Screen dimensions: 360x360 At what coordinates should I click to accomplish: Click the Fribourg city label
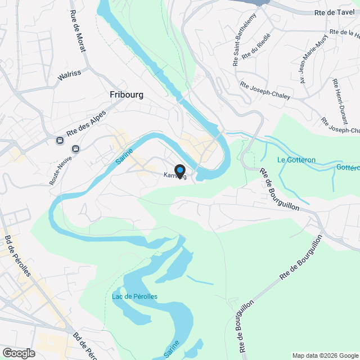(x=127, y=95)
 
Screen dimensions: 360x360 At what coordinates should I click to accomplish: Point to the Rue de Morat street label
(x=78, y=31)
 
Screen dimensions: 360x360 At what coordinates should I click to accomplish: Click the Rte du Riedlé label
(x=256, y=47)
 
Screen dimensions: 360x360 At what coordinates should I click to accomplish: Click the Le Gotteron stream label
(x=296, y=160)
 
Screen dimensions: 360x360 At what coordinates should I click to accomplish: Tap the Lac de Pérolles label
(x=134, y=296)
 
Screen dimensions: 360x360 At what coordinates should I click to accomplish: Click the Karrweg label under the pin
(x=174, y=176)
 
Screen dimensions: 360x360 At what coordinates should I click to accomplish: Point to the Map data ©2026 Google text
(x=324, y=355)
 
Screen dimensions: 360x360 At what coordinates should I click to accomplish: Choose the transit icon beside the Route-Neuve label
(x=76, y=148)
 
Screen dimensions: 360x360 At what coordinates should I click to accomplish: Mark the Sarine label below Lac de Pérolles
(x=173, y=349)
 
